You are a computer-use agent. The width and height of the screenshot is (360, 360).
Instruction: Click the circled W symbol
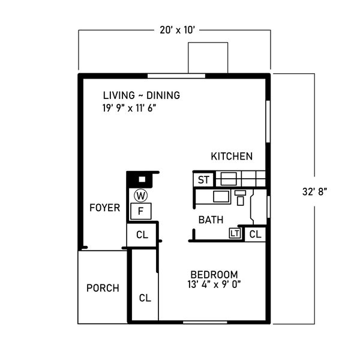point(141,196)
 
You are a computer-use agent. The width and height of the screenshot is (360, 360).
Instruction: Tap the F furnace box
point(141,211)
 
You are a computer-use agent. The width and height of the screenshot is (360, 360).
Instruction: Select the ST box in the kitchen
point(203,179)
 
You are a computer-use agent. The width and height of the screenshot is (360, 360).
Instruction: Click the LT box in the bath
point(235,233)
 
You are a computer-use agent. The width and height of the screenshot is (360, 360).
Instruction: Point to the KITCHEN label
point(232,157)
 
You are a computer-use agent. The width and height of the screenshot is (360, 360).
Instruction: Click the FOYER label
point(104,208)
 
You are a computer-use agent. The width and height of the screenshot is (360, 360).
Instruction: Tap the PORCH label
point(103,288)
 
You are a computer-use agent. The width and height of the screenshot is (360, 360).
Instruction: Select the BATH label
point(211,220)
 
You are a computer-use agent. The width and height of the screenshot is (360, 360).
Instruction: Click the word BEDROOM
point(214,275)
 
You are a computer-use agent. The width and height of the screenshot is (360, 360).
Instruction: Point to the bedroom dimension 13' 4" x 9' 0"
point(214,284)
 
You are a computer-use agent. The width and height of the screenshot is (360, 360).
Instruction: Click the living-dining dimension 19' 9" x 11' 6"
point(129,108)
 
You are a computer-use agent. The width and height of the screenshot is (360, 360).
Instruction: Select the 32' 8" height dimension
point(314,191)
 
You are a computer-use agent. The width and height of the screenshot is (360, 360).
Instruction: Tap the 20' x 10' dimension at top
point(178,30)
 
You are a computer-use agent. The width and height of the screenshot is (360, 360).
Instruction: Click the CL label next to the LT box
point(256,235)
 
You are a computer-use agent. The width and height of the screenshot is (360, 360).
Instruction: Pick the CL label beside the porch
point(145,298)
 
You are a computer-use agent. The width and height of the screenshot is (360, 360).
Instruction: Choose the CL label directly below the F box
point(142,235)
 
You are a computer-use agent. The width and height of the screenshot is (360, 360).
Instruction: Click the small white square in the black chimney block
point(142,179)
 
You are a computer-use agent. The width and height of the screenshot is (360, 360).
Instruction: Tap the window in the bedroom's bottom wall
point(205,322)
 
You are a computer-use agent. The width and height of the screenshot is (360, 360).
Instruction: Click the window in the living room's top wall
point(176,76)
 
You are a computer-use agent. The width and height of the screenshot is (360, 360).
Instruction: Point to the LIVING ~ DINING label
point(142,95)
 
